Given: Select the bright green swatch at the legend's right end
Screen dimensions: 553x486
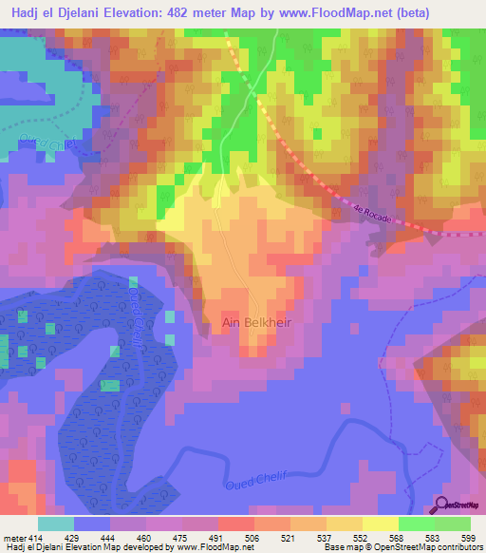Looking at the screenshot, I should (x=454, y=524).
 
